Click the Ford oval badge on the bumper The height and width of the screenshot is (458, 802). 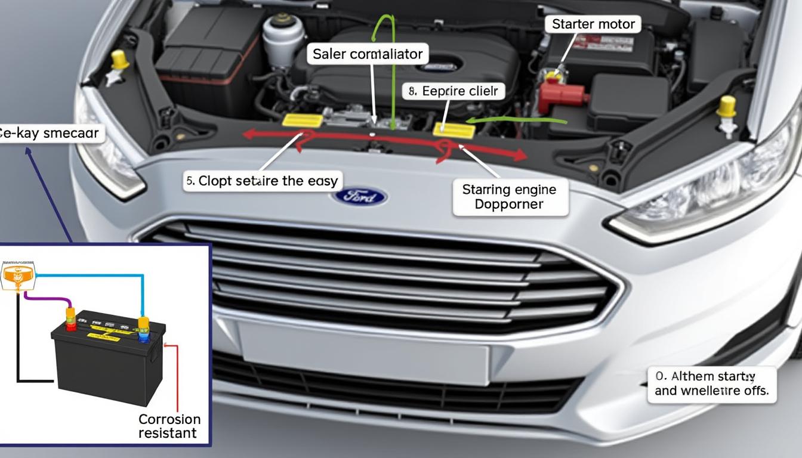pos(360,196)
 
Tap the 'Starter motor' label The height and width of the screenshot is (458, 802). pos(593,24)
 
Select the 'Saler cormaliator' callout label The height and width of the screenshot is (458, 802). pos(368,54)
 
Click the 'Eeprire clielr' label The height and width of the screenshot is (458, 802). pos(454,91)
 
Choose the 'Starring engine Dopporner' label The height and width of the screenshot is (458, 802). pos(509,197)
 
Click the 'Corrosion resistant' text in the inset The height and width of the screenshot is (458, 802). pos(169,426)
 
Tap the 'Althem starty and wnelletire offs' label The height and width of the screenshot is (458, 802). pos(711,384)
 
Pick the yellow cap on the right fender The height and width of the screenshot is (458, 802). pos(726,107)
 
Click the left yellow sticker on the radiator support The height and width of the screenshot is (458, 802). pos(303,120)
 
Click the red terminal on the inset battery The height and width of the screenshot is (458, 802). pos(70,319)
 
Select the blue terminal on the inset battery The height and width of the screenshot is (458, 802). pos(143,330)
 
